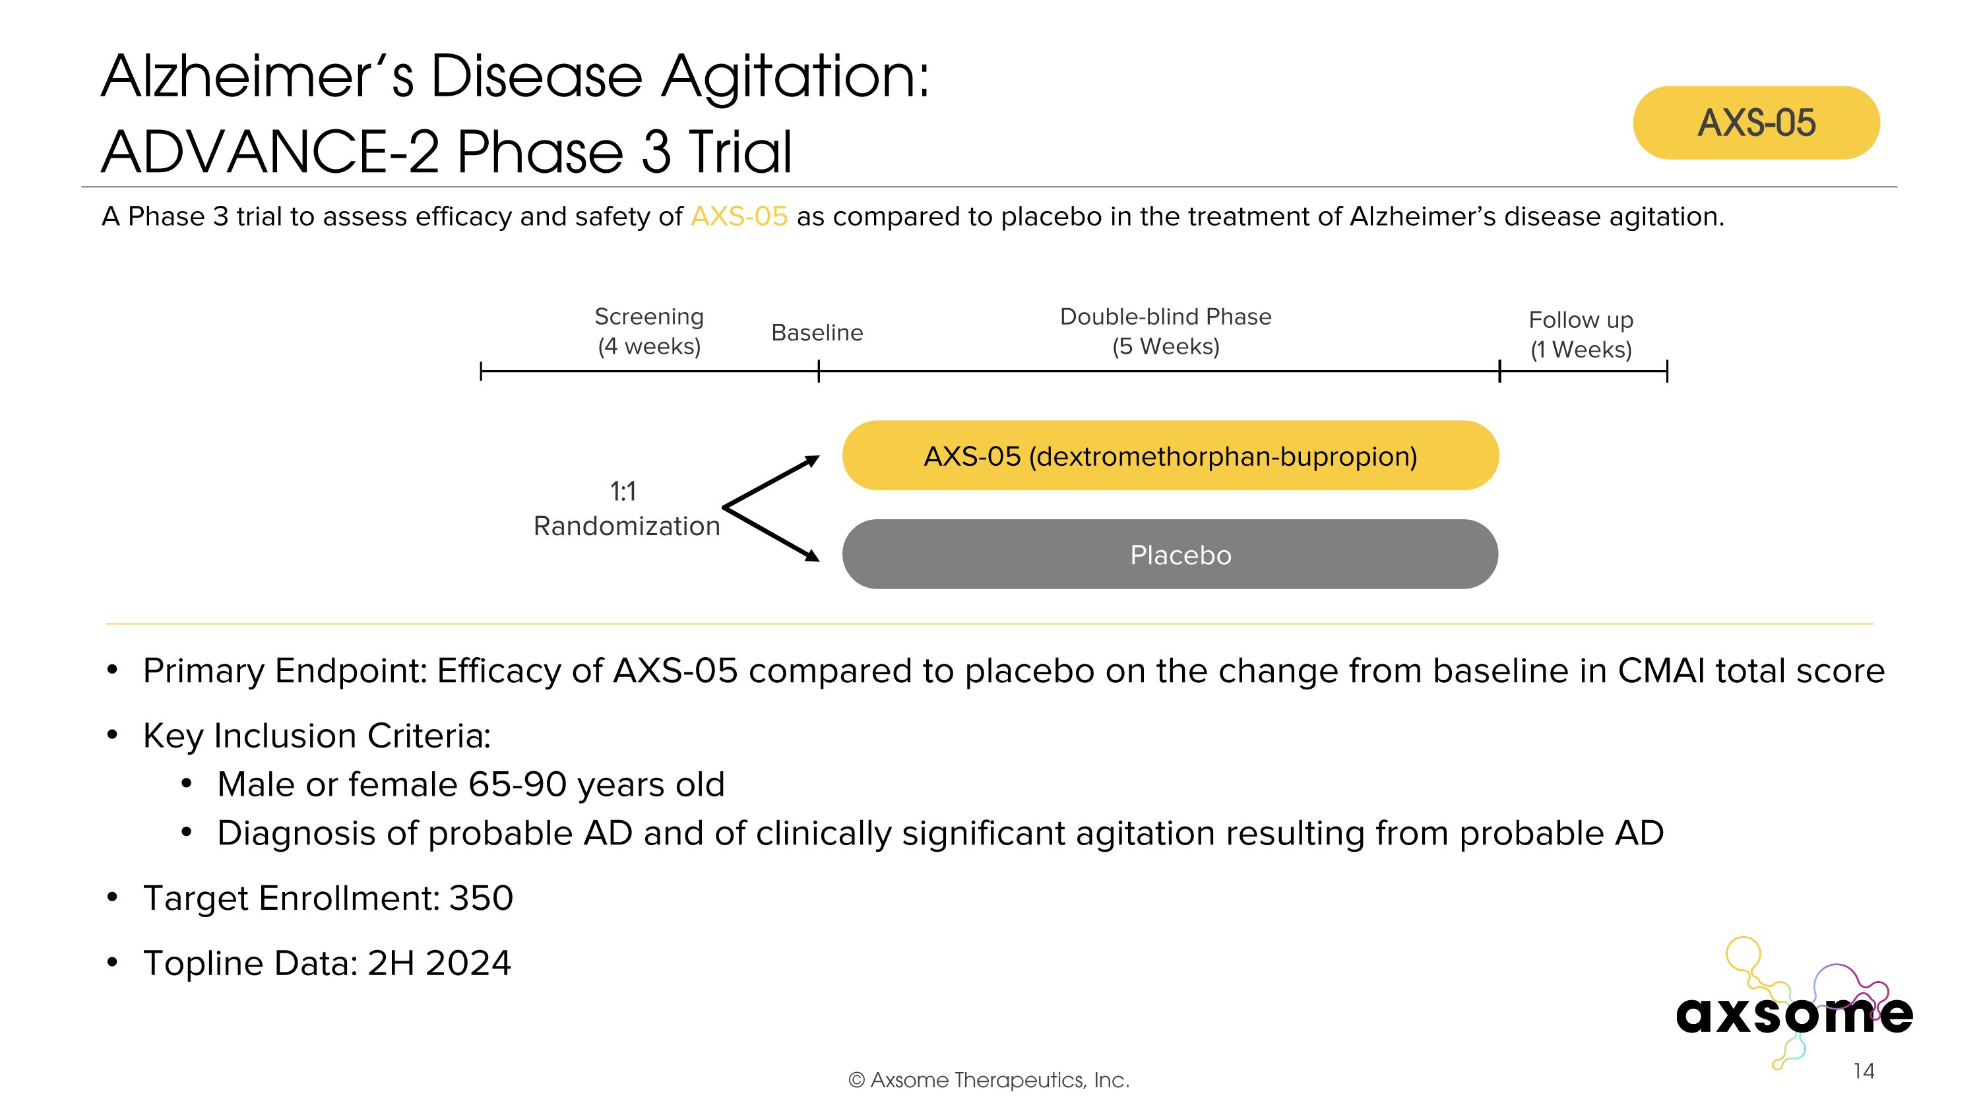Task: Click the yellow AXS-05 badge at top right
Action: coord(1755,123)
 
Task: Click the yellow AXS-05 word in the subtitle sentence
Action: coord(739,216)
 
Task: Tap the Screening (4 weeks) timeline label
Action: coord(649,331)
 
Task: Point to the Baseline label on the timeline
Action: coord(817,333)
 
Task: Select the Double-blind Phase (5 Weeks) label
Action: coord(1166,331)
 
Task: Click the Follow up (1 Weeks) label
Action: coord(1581,334)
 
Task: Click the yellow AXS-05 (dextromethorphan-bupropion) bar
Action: coord(1170,455)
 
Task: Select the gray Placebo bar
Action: coord(1170,555)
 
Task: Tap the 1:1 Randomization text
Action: coord(626,509)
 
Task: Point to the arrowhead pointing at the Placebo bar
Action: coord(812,556)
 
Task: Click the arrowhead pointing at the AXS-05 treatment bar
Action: coord(812,461)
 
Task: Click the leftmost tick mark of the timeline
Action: coord(481,371)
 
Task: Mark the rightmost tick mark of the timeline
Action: coord(1666,371)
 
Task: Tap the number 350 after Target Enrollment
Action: coord(481,898)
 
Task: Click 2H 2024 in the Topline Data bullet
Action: coord(439,963)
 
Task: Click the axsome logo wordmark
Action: coord(1794,1014)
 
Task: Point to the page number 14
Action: coord(1864,1071)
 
